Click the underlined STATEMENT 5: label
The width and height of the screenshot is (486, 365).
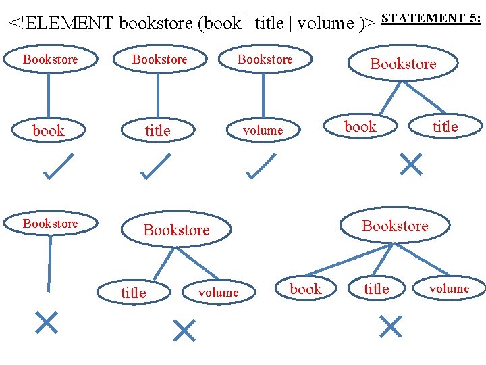(431, 18)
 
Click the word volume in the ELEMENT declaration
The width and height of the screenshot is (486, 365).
(325, 24)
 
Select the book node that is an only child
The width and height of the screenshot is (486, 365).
(49, 130)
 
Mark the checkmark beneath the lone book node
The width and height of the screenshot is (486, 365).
(58, 167)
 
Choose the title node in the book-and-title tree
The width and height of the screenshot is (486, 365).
(446, 126)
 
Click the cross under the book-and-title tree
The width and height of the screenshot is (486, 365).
(411, 164)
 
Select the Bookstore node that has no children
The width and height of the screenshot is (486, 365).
(50, 224)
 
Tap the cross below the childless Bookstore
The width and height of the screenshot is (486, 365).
(47, 323)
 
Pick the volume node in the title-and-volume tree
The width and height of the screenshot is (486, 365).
(219, 293)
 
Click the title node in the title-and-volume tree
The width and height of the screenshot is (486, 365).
(133, 293)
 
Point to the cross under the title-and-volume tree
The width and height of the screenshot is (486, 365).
(184, 330)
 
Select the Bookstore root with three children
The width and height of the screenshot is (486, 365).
(395, 226)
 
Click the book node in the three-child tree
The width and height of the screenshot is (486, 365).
(306, 289)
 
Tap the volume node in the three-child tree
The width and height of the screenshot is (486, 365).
(449, 289)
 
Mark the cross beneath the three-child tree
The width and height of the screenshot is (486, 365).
(391, 326)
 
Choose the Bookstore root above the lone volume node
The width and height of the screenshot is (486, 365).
(265, 59)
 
